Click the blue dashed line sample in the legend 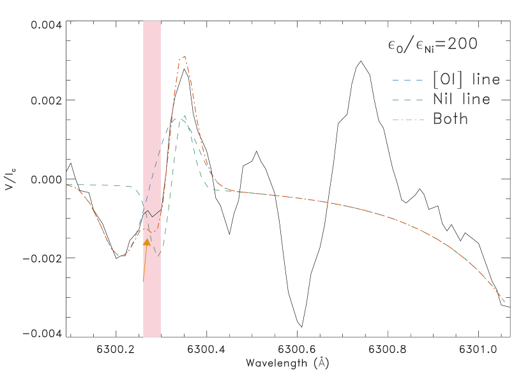click(407, 81)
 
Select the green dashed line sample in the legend click(407, 100)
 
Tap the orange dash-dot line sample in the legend click(407, 120)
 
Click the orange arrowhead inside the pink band click(147, 242)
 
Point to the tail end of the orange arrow click(143, 281)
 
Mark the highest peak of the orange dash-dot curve click(184, 56)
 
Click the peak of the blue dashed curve click(176, 118)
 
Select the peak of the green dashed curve click(185, 116)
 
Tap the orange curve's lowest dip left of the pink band click(121, 256)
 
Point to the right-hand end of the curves click(504, 301)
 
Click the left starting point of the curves click(66, 185)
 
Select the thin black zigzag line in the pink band click(151, 214)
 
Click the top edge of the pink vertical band click(152, 21)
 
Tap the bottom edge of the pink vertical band click(152, 336)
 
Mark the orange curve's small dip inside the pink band click(152, 231)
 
